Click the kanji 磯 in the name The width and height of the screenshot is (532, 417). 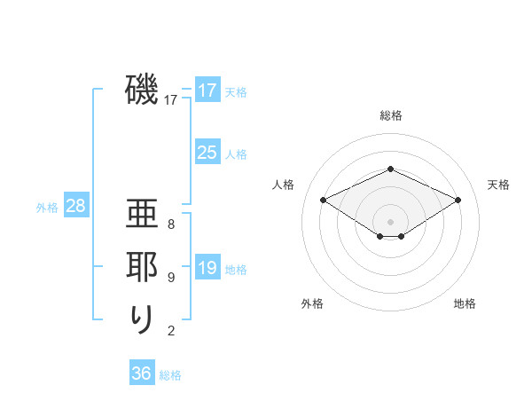tap(142, 90)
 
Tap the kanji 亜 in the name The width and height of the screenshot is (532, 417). tap(142, 215)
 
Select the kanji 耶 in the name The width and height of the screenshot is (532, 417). tap(142, 267)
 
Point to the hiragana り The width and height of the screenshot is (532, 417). tap(142, 319)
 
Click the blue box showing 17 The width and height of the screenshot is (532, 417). tap(207, 90)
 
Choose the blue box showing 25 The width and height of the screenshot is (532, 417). tap(207, 153)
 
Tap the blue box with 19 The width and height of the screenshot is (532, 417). tap(207, 268)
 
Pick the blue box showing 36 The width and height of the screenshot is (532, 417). tap(141, 374)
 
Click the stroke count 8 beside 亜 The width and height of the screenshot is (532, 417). tap(171, 224)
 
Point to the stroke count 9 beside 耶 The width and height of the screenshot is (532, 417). tap(171, 278)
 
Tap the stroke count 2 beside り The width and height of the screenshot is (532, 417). tap(171, 331)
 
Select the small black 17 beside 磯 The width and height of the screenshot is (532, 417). tap(171, 100)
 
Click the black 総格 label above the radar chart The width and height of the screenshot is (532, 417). tap(390, 115)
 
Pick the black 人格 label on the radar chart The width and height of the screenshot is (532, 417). tap(283, 185)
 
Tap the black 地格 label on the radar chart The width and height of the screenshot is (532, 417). tap(465, 303)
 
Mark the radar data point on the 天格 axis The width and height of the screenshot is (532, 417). tap(458, 200)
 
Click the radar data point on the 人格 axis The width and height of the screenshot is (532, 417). tap(323, 200)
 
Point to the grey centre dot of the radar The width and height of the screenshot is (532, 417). tap(390, 220)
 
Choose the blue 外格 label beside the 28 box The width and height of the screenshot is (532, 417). tap(47, 208)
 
